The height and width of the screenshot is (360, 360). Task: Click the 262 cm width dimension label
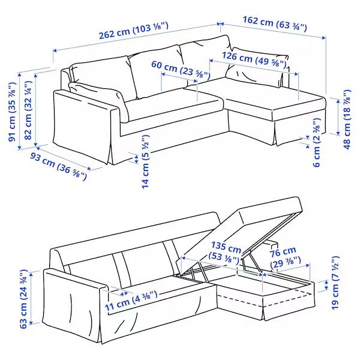[x=133, y=34]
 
